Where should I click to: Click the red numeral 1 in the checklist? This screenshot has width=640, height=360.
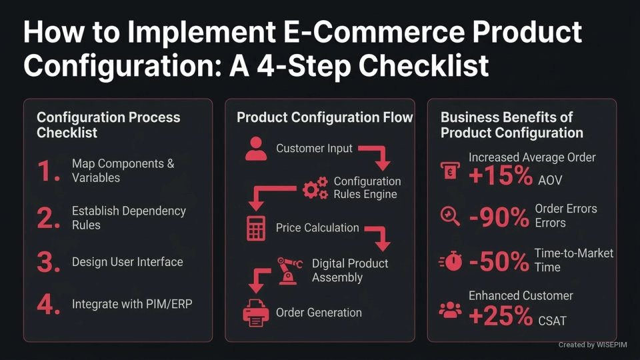(49, 171)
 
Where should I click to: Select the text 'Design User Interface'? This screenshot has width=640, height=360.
(127, 262)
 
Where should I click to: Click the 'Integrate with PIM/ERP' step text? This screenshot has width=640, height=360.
(132, 305)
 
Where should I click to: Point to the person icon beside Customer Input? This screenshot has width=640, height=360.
(255, 149)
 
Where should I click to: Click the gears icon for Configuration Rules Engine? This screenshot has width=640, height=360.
(315, 189)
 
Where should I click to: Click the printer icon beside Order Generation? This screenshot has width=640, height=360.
(255, 313)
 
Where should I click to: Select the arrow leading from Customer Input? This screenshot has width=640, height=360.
(375, 155)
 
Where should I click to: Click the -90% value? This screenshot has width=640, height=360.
(499, 217)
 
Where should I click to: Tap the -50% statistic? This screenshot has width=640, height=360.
(499, 262)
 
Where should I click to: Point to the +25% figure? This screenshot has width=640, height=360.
(500, 316)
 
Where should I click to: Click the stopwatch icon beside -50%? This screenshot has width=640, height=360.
(451, 262)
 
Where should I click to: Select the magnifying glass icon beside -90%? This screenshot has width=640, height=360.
(451, 215)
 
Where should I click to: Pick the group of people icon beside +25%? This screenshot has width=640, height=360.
(451, 309)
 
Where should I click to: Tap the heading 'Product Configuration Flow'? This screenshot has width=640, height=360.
(325, 118)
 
